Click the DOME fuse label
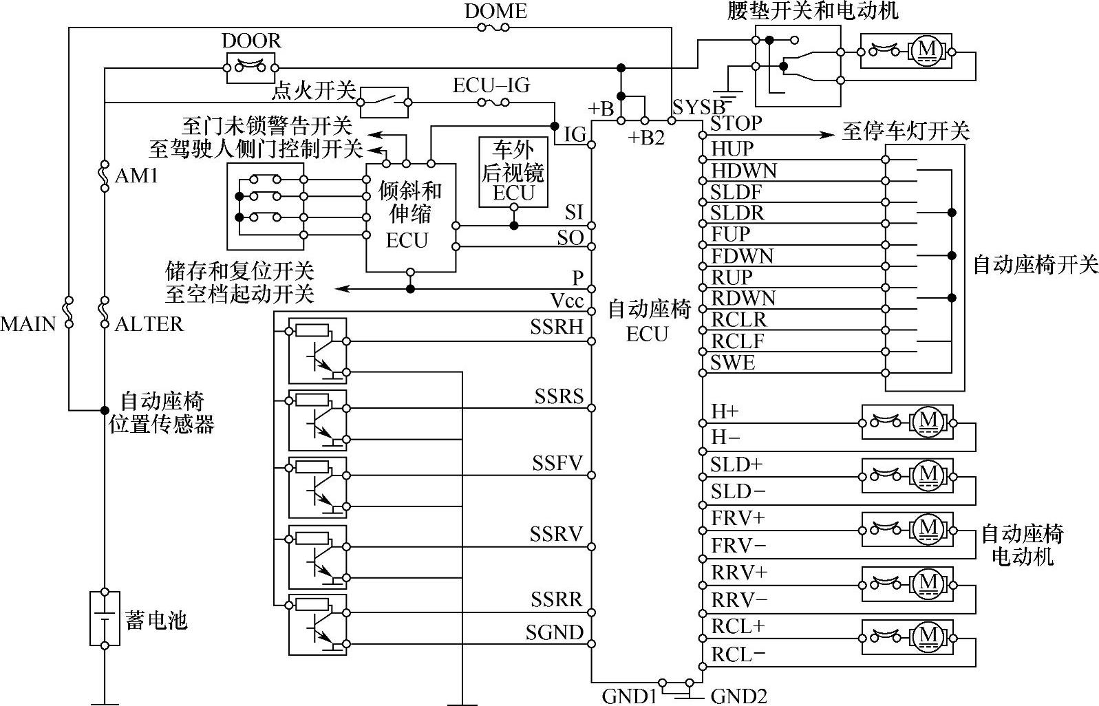(495, 11)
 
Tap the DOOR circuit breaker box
(251, 67)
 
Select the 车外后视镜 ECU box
(513, 172)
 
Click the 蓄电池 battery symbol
(105, 619)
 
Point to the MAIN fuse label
(28, 323)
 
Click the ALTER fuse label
(149, 323)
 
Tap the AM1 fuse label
(136, 176)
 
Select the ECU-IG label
(491, 85)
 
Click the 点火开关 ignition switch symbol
(384, 102)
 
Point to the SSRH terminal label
(556, 327)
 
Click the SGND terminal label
(555, 632)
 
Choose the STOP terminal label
(736, 123)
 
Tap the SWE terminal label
(732, 363)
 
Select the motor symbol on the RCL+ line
(928, 635)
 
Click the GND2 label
(738, 696)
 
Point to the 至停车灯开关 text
(905, 131)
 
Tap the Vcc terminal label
(567, 301)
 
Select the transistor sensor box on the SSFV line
(317, 487)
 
